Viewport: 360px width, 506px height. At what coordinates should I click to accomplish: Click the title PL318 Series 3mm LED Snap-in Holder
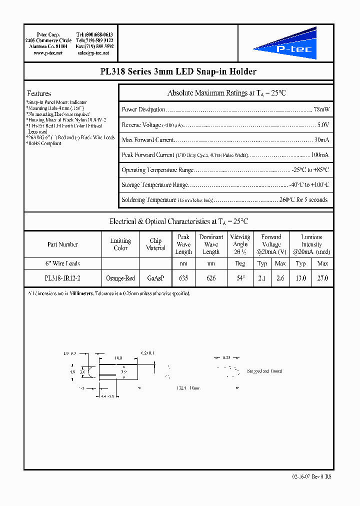178,71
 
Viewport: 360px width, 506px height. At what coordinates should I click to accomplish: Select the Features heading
39,93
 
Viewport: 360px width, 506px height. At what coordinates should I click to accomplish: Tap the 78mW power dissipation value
321,109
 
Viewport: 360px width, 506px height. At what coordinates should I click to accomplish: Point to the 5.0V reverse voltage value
323,124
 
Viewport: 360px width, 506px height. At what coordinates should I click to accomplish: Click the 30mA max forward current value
321,139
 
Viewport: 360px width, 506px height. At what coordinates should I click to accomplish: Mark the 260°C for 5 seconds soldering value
304,200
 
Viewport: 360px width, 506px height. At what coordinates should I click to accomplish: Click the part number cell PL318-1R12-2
62,278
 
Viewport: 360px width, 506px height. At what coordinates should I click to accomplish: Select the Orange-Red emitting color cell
120,278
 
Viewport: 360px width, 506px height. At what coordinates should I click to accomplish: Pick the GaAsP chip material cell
155,278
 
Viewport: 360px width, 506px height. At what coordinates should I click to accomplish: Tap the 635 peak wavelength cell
183,278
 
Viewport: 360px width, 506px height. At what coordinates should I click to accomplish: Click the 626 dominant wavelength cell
211,278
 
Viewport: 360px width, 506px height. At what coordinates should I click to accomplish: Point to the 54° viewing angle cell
240,278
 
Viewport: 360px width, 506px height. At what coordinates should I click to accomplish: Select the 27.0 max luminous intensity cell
323,278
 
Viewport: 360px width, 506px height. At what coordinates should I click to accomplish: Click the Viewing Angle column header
240,244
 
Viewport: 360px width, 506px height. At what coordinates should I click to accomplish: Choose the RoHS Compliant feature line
44,143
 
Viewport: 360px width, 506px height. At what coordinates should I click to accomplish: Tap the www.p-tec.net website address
48,52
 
